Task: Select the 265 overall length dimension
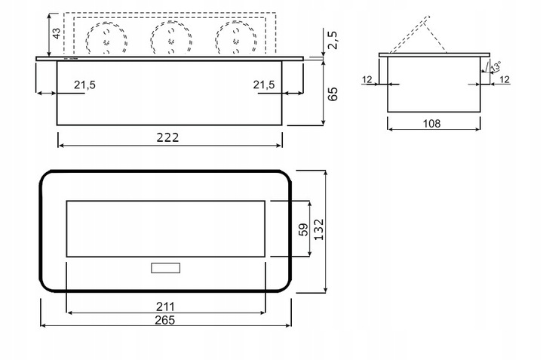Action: (x=164, y=320)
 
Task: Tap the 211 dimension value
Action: (x=164, y=306)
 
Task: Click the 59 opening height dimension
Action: (x=303, y=229)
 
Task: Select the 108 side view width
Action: (x=431, y=122)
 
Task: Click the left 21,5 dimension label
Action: (x=85, y=85)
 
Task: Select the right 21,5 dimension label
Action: (x=264, y=85)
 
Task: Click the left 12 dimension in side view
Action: (x=368, y=78)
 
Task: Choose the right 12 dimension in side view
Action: (x=505, y=78)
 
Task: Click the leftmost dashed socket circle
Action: (x=107, y=37)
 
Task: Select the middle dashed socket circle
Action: (x=170, y=37)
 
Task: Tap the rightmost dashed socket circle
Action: (x=234, y=37)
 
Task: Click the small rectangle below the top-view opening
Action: (x=165, y=267)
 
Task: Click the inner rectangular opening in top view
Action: (x=165, y=229)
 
